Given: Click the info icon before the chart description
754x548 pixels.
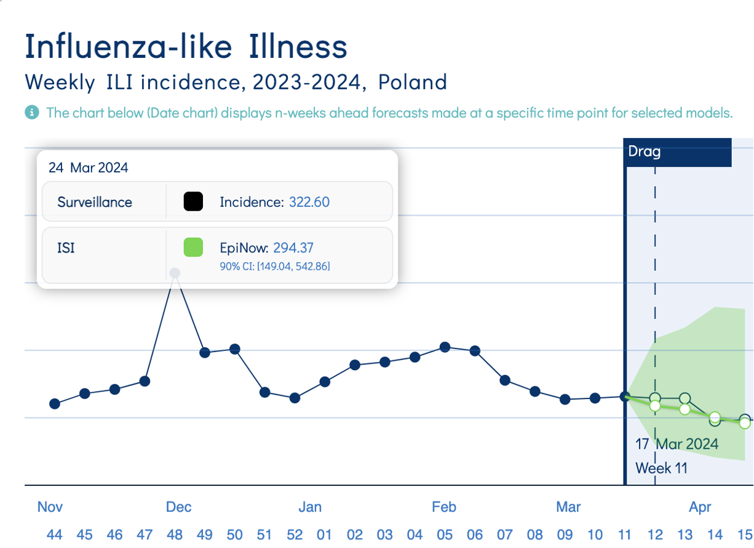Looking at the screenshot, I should (x=31, y=113).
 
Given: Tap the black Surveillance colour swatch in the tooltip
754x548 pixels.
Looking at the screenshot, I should (x=193, y=201).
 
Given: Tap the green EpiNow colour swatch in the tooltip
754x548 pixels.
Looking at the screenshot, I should (x=193, y=248).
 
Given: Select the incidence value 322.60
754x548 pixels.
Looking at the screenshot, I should (x=309, y=202).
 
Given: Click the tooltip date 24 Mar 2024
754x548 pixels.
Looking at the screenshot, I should (x=88, y=167).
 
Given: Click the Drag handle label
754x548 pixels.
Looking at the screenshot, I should (x=645, y=151).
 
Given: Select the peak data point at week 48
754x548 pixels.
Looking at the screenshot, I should (x=175, y=273).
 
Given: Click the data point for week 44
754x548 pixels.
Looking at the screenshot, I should (x=55, y=404).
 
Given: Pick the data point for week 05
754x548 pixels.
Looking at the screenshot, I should (x=445, y=347).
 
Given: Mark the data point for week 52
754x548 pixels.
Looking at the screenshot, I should (x=295, y=398).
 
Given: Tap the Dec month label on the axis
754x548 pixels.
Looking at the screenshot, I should (x=179, y=507).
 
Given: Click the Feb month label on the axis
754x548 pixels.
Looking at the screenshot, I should (x=444, y=507).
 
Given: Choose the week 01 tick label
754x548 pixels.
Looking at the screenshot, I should (x=325, y=534).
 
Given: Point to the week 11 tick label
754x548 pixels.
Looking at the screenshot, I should (x=625, y=534).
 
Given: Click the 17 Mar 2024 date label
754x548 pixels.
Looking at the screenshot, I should (x=677, y=443).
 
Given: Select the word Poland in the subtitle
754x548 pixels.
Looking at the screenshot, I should (x=413, y=82).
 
